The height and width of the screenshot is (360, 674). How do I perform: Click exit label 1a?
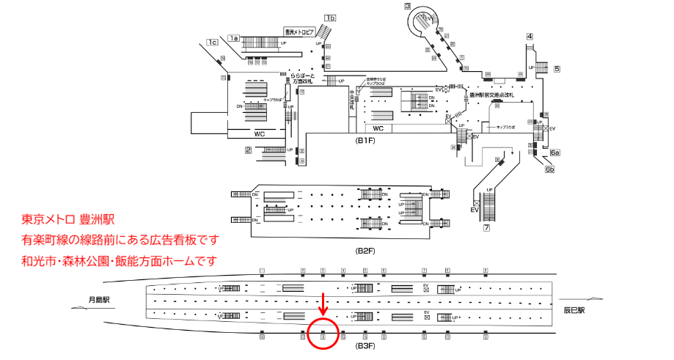[x=234, y=38]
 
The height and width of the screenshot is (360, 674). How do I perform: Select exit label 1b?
[x=331, y=18]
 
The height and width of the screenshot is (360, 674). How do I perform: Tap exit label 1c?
[x=212, y=43]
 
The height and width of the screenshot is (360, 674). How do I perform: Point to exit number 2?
[x=249, y=150]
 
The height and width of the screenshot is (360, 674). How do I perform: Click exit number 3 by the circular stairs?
[x=407, y=7]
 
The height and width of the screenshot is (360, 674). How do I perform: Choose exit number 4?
[x=530, y=37]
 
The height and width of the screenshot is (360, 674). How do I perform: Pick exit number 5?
[x=557, y=69]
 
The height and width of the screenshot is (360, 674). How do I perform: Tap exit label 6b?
[x=549, y=169]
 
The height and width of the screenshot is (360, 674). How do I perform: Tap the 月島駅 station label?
[x=98, y=299]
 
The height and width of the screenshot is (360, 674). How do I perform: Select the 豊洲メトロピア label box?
[x=299, y=32]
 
